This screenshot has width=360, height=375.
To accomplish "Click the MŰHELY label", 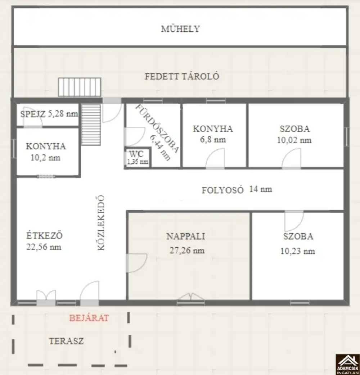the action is [x=180, y=29].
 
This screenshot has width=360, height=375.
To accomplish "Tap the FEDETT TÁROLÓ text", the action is [x=182, y=76].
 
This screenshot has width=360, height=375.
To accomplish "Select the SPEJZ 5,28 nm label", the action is [x=49, y=114].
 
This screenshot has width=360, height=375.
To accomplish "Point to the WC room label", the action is [x=136, y=154].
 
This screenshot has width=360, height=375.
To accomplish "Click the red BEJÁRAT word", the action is [x=89, y=318].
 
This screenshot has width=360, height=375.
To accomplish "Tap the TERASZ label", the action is [x=66, y=341].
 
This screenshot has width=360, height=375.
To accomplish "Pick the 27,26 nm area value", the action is [x=187, y=250].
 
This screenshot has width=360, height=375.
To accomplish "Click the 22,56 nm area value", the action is [x=44, y=247].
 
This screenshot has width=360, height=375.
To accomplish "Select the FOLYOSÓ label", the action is [x=223, y=190].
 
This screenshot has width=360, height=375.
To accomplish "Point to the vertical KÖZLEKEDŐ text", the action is [x=101, y=223].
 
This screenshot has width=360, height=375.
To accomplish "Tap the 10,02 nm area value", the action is [x=294, y=140].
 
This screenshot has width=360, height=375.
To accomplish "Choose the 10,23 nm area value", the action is [x=298, y=251].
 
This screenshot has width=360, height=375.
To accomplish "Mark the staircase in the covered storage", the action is [x=80, y=87].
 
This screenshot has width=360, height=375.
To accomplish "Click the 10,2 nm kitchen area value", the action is [x=45, y=158].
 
